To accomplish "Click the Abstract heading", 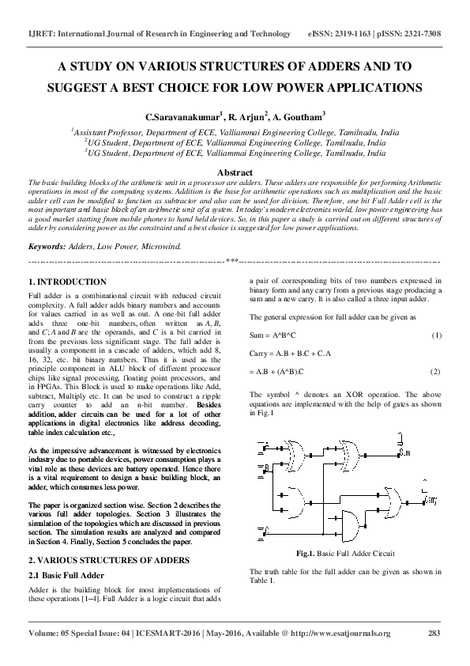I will pos(235,172).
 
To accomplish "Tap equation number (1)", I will pos(436,336).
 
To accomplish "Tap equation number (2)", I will pos(436,371).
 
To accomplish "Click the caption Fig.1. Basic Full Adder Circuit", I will pos(344,554).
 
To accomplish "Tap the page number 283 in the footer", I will pos(434,633).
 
